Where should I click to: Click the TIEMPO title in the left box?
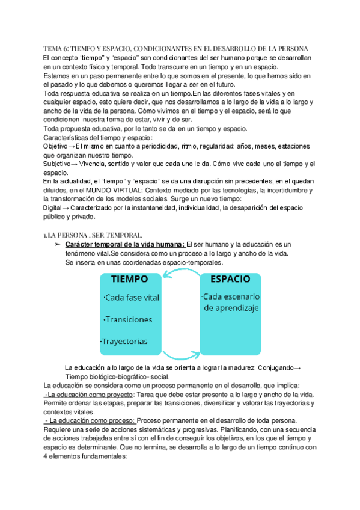click(129, 279)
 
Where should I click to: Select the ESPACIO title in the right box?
click(231, 279)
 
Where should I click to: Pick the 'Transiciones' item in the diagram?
click(128, 319)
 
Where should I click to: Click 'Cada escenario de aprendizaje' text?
click(231, 303)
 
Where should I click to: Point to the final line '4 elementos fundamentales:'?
click(85, 456)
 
